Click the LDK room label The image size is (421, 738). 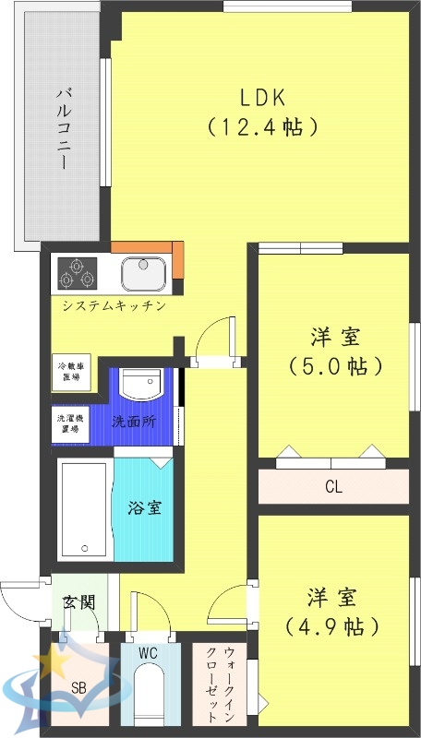point(264,97)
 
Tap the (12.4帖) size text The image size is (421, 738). point(264,125)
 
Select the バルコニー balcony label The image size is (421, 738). point(64,127)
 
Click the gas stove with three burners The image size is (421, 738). point(78,272)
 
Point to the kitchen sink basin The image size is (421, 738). point(143,272)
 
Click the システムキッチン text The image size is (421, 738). point(114,305)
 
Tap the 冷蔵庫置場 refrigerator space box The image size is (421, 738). point(70,371)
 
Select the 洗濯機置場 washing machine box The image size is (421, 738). point(70,423)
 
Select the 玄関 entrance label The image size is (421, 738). point(77,602)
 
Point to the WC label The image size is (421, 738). point(148,653)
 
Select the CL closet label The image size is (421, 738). point(333,486)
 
